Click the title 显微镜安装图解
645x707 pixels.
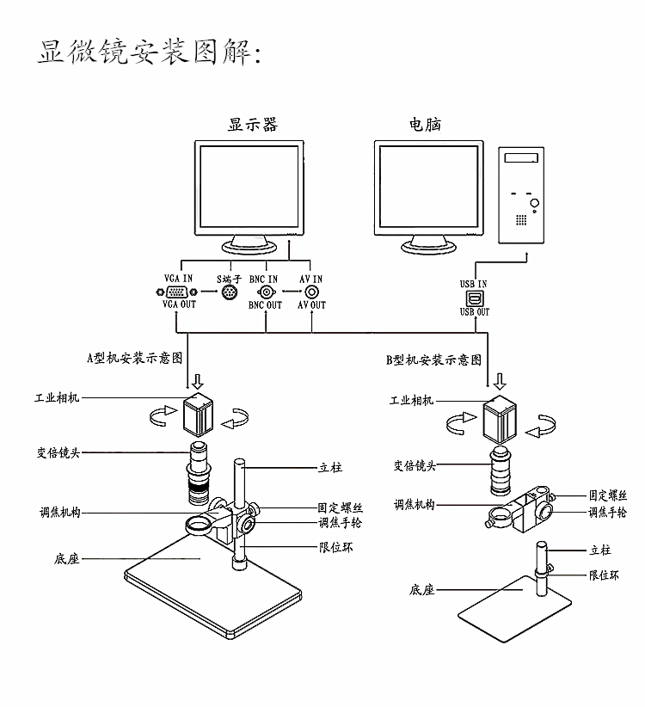pos(149,51)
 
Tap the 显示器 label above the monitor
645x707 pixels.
pos(252,125)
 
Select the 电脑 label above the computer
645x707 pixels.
pos(425,125)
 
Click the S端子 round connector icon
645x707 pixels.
pos(230,292)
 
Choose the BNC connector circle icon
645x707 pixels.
pos(265,292)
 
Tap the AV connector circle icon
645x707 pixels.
pos(310,292)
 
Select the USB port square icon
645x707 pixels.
pos(474,298)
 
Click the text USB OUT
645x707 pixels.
pos(474,312)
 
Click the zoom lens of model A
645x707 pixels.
pos(199,473)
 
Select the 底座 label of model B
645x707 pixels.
pos(421,590)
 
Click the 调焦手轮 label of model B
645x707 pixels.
pos(607,512)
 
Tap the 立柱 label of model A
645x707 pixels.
pos(330,468)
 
